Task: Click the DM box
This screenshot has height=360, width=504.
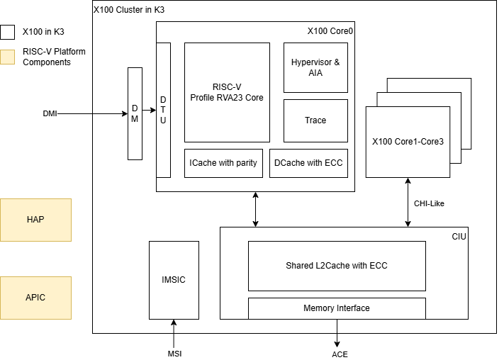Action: point(135,113)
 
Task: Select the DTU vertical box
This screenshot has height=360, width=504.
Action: point(163,110)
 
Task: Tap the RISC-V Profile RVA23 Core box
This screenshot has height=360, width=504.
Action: point(227,92)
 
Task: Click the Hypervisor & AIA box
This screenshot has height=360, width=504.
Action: point(315,67)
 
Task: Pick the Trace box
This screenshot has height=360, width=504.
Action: point(315,120)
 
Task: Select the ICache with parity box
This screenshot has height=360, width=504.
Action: point(223,163)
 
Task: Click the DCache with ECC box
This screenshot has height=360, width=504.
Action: point(308,163)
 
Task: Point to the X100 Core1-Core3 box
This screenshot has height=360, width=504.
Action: point(408,142)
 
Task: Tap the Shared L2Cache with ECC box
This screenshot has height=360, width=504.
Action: point(337,266)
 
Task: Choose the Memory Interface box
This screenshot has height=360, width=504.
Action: point(337,308)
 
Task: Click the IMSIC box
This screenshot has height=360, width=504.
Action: point(174,280)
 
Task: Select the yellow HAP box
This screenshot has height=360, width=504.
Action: point(35,220)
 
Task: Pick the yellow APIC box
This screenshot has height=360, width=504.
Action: point(35,298)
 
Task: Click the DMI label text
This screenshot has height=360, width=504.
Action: point(50,113)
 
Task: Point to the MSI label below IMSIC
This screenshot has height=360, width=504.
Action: point(174,354)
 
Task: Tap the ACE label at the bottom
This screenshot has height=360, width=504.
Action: point(340,354)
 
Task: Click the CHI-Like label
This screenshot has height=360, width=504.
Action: point(429,203)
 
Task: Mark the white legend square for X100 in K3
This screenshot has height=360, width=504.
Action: point(7,32)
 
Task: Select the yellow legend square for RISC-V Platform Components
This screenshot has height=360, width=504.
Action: point(7,57)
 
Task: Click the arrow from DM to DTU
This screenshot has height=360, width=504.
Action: point(149,111)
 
